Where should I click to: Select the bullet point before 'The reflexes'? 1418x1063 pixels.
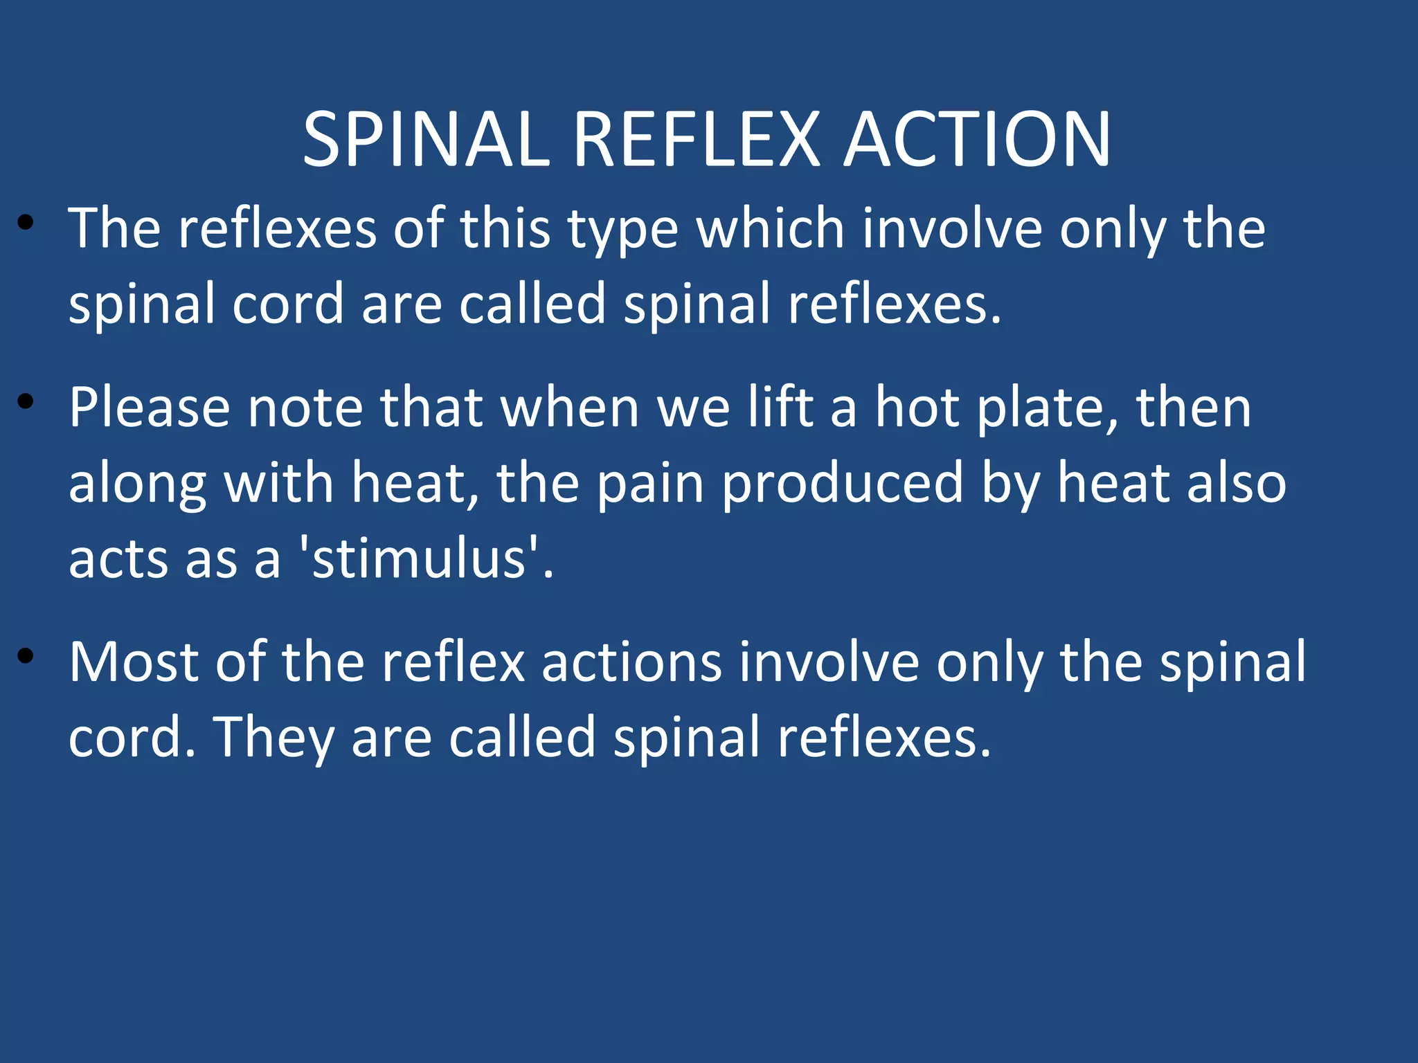(x=26, y=222)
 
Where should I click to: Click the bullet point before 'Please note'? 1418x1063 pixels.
(x=26, y=401)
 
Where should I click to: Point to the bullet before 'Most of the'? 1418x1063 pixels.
(x=26, y=656)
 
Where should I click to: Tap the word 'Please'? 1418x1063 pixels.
(x=149, y=408)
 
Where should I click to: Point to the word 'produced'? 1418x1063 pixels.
(x=842, y=484)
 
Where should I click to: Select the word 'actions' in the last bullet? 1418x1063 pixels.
(x=631, y=662)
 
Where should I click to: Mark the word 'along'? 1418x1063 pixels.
(x=138, y=484)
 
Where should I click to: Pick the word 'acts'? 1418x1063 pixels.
(x=118, y=559)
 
